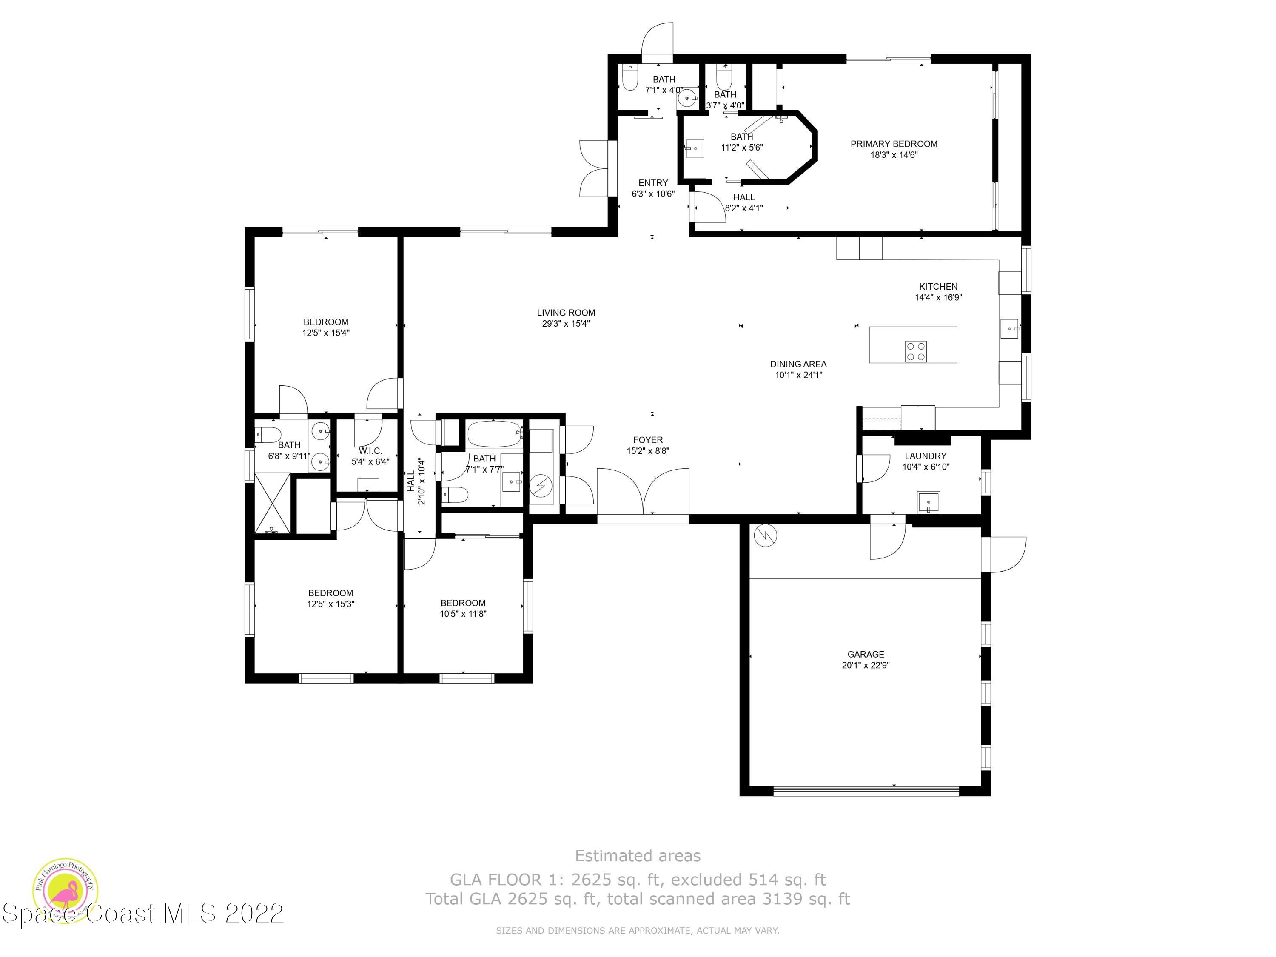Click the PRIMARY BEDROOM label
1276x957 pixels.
pos(894,144)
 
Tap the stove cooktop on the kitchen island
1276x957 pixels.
pos(916,351)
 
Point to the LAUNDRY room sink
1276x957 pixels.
pos(929,502)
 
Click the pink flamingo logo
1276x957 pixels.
pos(65,891)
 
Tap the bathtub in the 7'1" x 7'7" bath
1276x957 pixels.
pos(495,434)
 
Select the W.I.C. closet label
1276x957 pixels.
pos(370,450)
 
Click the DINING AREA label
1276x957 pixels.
pos(798,364)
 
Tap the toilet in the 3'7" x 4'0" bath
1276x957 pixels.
pos(724,75)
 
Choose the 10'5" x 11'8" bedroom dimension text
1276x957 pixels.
pos(463,614)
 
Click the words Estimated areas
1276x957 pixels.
pos(638,855)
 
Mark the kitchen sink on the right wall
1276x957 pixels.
pos(1010,329)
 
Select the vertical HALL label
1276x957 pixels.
pos(411,481)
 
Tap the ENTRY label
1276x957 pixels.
pos(653,183)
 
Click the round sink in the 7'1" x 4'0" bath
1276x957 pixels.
pos(687,99)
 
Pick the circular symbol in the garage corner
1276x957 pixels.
pos(765,536)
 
